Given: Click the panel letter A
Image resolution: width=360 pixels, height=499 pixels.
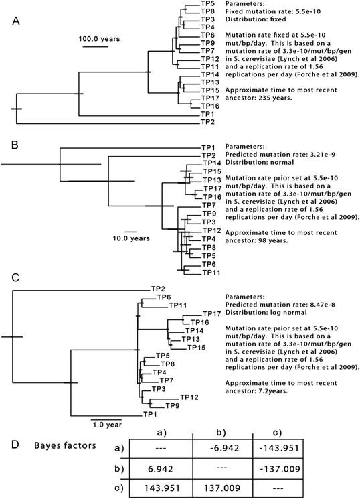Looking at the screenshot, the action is click(x=16, y=21).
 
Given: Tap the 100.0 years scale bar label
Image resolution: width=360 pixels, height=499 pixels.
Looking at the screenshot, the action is click(x=100, y=39).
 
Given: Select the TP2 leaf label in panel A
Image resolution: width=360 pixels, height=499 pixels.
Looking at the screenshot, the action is click(x=207, y=121).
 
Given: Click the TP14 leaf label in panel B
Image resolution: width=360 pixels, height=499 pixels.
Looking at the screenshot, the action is click(x=212, y=163).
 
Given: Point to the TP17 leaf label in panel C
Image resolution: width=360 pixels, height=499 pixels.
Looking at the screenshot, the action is click(x=212, y=314).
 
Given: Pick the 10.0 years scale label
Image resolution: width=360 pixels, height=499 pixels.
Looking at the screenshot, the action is click(x=131, y=238).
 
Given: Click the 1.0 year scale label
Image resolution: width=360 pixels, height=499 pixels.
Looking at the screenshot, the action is click(x=107, y=425).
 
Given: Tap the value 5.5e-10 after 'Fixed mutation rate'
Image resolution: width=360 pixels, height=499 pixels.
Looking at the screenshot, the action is click(x=307, y=12).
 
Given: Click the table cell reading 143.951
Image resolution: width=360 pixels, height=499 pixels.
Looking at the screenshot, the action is click(x=162, y=488).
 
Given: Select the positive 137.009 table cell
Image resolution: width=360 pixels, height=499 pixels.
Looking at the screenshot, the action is click(x=222, y=488).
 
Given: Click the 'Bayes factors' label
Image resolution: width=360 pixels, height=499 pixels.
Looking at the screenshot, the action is click(x=65, y=445).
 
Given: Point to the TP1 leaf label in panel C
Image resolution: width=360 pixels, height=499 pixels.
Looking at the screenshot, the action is click(x=150, y=414).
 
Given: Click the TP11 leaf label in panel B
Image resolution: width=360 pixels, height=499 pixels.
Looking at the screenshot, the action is click(x=211, y=273).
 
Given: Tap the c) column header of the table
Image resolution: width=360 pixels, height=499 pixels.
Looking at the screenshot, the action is click(x=276, y=433).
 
